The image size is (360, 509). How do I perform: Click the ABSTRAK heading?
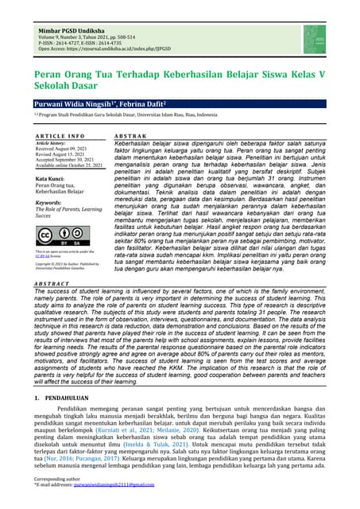131,137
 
